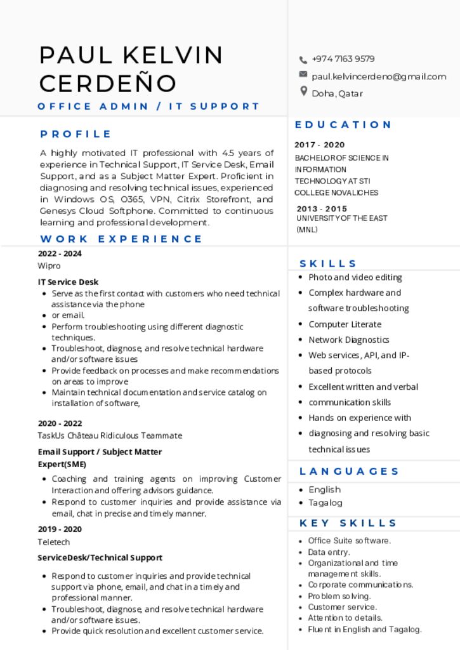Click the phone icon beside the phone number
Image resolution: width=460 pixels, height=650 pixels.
(x=303, y=60)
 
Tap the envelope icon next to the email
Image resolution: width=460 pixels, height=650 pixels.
(x=303, y=75)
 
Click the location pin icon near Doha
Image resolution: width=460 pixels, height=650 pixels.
(x=303, y=92)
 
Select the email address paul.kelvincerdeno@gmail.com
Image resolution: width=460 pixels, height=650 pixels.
(x=379, y=76)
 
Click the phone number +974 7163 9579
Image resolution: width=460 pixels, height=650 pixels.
(x=343, y=59)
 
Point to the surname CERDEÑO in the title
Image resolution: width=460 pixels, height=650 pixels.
(x=108, y=83)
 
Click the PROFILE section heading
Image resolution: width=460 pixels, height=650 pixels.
(x=76, y=134)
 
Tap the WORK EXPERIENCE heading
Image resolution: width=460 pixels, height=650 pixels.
(x=121, y=239)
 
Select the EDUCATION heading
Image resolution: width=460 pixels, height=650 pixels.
(x=343, y=124)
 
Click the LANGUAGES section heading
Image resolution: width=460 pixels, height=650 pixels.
(x=349, y=471)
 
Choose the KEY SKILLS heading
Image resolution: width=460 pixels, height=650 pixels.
(x=348, y=523)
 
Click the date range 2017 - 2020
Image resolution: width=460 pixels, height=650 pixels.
(x=320, y=145)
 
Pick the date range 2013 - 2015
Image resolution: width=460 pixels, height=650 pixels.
(x=322, y=209)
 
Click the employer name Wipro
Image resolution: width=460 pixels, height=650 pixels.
(x=49, y=265)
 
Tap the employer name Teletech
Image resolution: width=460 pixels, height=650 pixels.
(x=53, y=542)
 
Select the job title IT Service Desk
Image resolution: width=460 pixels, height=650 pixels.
(x=68, y=282)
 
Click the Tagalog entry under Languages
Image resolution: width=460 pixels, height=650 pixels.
(x=325, y=503)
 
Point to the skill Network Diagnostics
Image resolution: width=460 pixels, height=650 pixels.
(x=348, y=340)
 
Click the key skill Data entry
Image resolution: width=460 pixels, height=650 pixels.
(x=329, y=552)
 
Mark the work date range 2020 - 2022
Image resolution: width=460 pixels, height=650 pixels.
(x=60, y=423)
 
